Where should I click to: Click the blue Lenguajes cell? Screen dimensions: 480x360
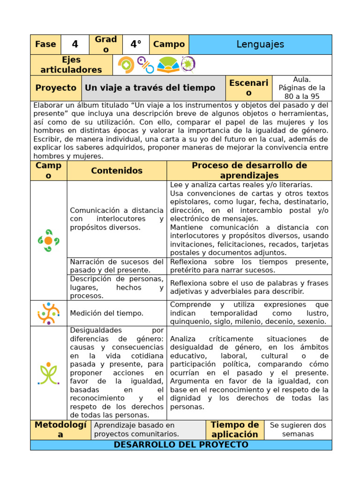coord(260,45)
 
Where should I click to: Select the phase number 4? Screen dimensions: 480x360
coord(75,45)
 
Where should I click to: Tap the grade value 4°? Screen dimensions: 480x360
coord(136,45)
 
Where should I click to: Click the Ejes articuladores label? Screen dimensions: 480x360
coord(71,65)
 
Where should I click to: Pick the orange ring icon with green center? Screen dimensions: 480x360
coord(126,65)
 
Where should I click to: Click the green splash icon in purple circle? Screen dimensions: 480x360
coord(188,64)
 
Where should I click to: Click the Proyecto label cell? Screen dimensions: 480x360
coord(56,88)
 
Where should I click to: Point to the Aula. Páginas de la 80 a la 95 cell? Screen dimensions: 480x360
coord(301,88)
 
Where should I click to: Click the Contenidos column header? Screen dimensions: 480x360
coord(117,171)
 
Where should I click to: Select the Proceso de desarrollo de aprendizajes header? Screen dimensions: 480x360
coord(249,171)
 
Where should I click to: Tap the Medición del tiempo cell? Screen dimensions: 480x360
coord(117,313)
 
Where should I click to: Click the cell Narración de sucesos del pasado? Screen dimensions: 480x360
coord(117,266)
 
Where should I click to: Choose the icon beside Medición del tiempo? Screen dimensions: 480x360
coord(48,313)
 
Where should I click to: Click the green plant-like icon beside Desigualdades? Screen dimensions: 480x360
coord(48,373)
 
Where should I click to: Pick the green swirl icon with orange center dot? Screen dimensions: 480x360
coord(48,240)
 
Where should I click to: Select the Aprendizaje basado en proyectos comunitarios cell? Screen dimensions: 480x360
coord(148,429)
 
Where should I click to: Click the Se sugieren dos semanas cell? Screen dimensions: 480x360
coord(298,429)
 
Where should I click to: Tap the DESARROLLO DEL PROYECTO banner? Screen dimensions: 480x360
coord(181,445)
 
